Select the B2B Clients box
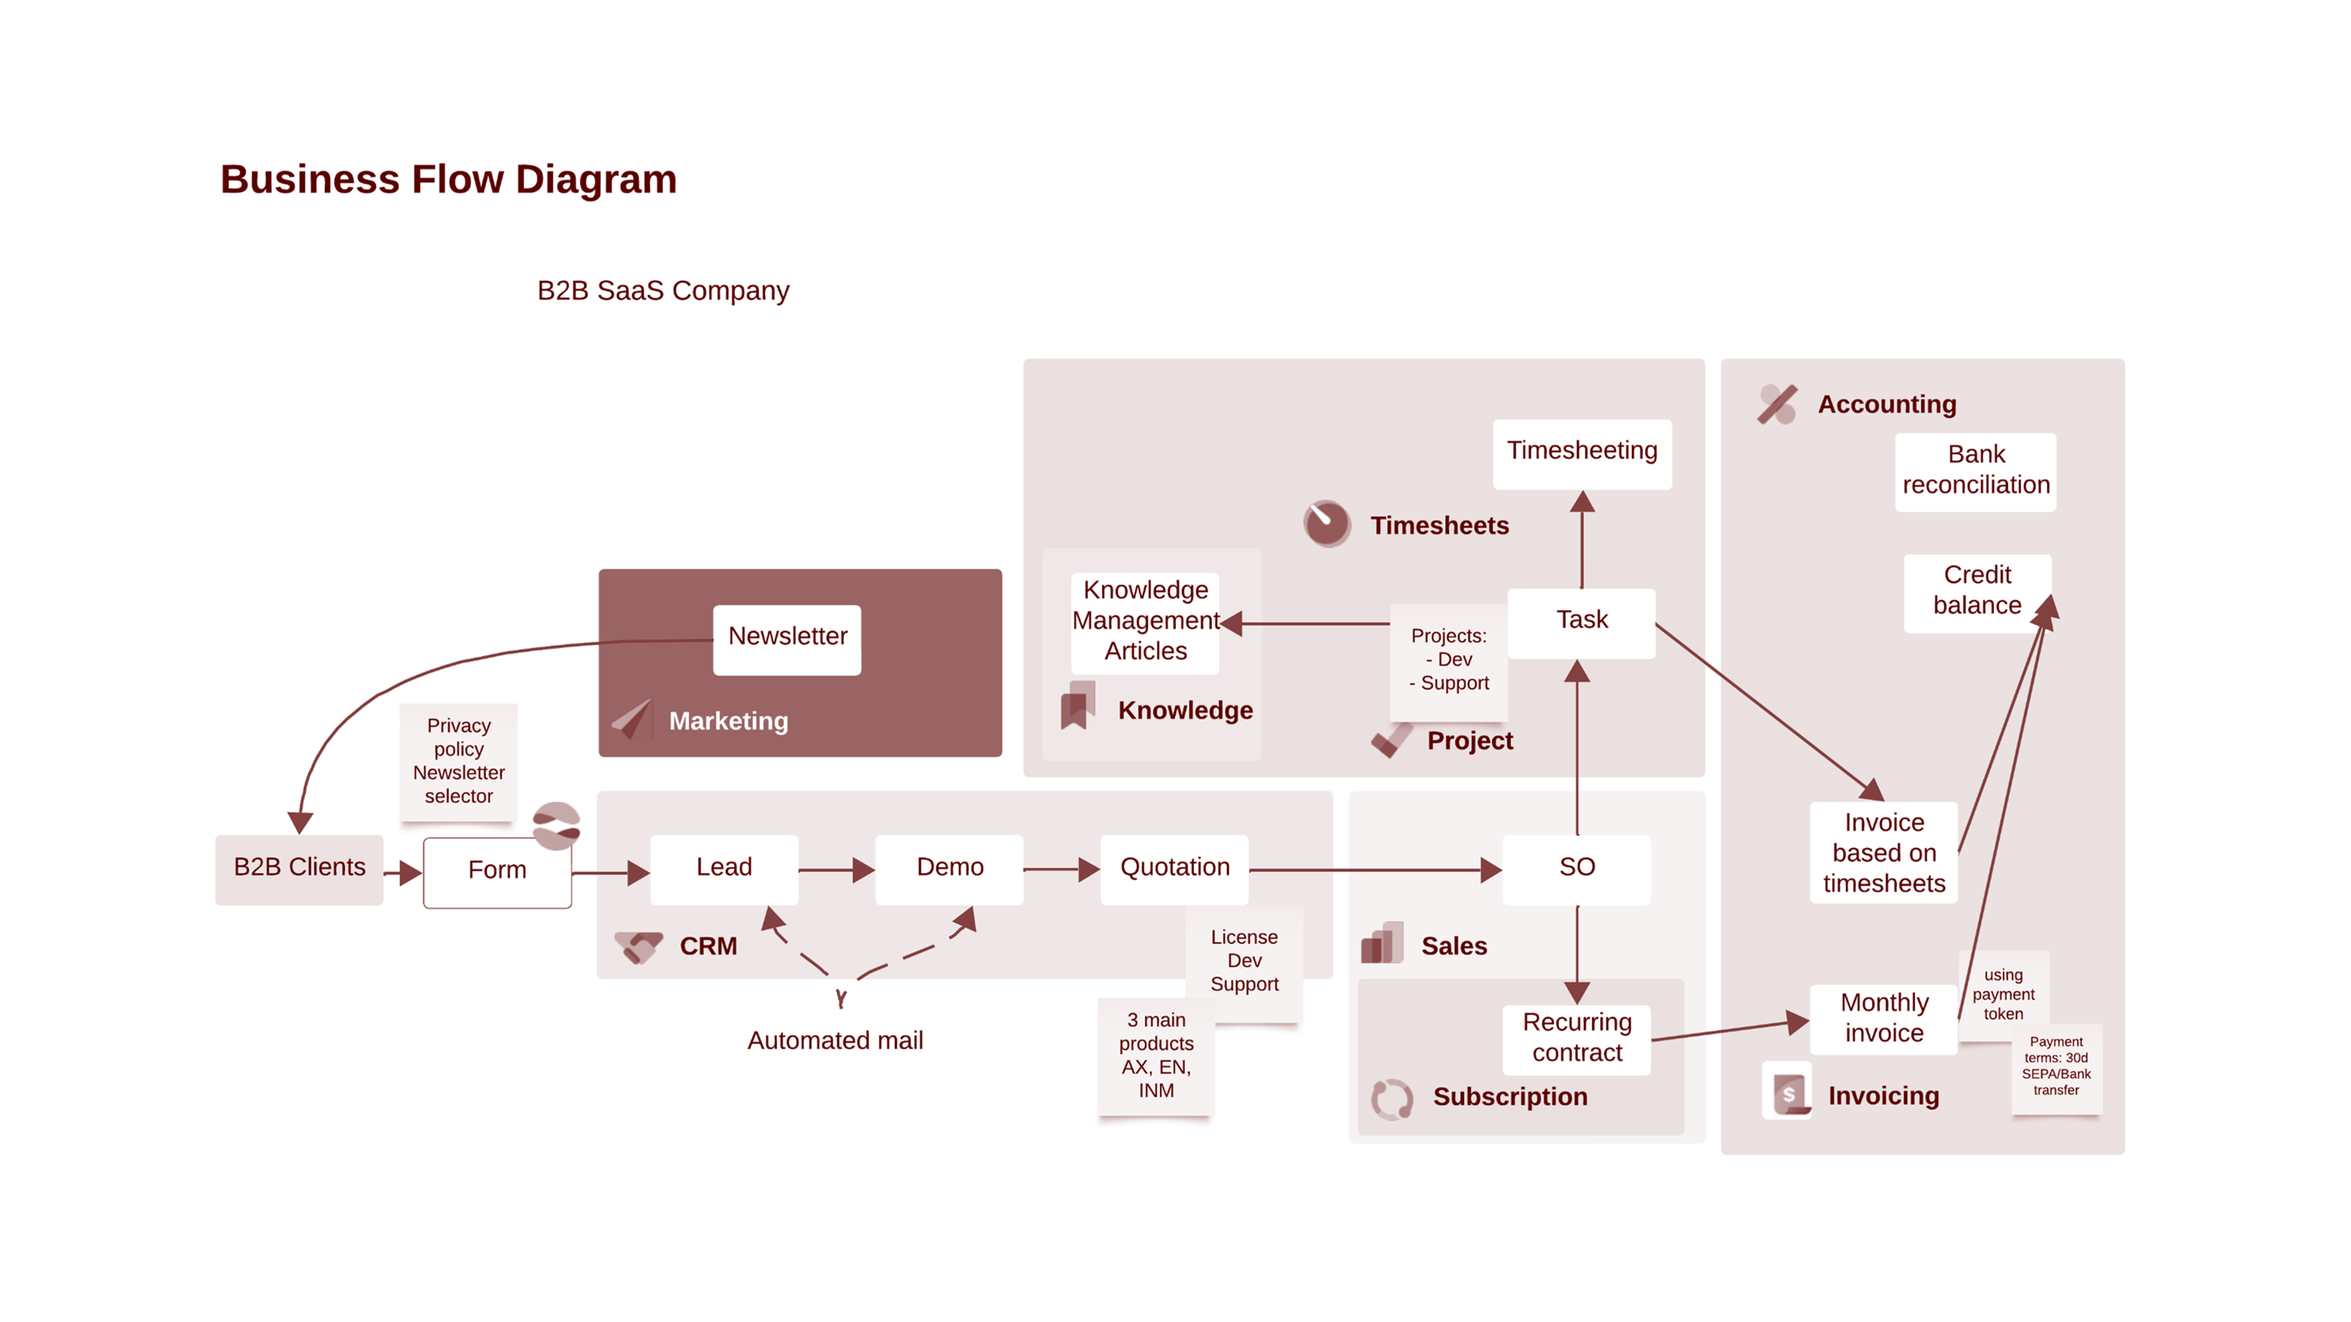click(299, 868)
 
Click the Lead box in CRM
click(724, 868)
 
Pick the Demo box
click(949, 868)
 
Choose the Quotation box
click(1174, 868)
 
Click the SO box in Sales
click(1576, 868)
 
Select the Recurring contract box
click(1576, 1038)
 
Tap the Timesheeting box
click(1582, 452)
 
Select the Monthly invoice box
click(1884, 1019)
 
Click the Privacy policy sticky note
click(458, 762)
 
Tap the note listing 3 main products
click(1156, 1056)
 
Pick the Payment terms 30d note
click(2055, 1066)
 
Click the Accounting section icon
click(1776, 404)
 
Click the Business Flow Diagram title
click(448, 180)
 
